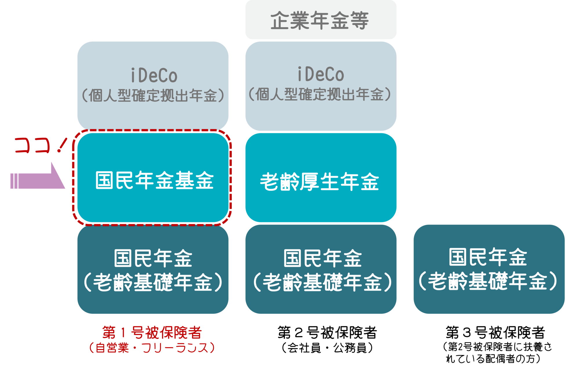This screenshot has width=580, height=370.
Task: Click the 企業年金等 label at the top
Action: (320, 20)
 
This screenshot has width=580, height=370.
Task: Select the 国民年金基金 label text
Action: (154, 181)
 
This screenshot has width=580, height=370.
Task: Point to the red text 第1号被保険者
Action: (152, 333)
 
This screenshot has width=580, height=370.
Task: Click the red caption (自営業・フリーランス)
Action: (152, 348)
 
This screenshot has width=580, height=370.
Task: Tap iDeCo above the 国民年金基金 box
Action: (154, 75)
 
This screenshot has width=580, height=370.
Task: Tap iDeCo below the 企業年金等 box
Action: (321, 74)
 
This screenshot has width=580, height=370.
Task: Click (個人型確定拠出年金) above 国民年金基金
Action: (153, 95)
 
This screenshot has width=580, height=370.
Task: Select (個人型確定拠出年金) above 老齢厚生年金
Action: (320, 94)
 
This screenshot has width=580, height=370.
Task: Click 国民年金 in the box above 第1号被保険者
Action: (153, 258)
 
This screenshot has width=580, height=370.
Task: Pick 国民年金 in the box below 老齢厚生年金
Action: (322, 258)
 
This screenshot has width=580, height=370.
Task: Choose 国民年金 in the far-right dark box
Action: (488, 257)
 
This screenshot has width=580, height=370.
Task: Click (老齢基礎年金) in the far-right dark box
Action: (488, 281)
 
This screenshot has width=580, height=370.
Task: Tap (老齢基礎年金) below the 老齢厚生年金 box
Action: (322, 282)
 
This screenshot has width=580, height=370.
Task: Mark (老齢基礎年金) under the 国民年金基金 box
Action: (153, 282)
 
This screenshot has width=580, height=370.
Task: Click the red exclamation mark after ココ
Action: (61, 145)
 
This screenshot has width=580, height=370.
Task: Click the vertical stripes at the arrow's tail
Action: (14, 181)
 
